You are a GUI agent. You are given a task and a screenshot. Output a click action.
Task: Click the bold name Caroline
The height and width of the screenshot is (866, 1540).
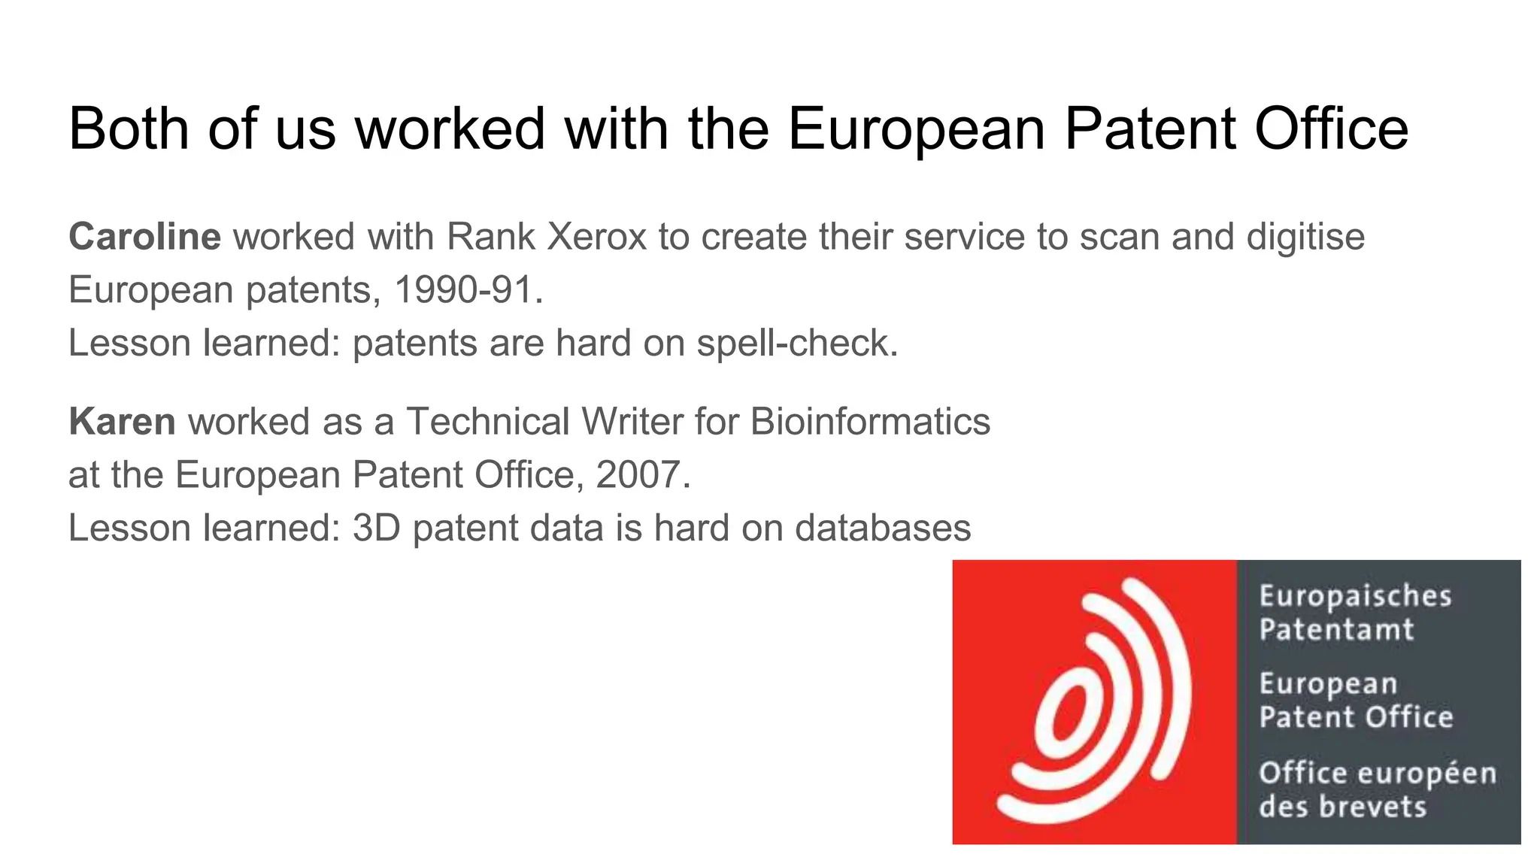[x=144, y=237]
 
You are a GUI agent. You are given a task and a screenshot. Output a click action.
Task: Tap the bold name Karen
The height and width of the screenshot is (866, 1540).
[x=122, y=421]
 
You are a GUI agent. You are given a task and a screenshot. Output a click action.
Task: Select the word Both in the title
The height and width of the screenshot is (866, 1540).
[x=129, y=129]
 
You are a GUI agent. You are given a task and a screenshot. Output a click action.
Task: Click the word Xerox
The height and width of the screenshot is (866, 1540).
[x=597, y=237]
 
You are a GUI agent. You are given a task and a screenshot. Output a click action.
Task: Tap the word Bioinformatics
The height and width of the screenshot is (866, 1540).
[x=870, y=421]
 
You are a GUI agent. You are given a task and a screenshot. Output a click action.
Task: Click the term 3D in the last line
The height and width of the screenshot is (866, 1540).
[x=376, y=528]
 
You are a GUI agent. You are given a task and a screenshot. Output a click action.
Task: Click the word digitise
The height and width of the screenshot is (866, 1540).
[x=1305, y=237]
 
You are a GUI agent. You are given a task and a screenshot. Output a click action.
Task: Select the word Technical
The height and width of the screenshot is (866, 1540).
[x=487, y=421]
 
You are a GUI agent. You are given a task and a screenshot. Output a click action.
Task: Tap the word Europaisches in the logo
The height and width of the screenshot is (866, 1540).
[x=1355, y=596]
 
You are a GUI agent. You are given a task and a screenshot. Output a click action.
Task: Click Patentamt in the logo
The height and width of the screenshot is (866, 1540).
[x=1336, y=629]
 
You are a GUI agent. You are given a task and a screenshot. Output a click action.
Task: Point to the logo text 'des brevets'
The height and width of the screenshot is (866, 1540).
[x=1342, y=807]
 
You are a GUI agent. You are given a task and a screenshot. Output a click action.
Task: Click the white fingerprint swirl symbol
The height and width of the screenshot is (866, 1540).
[x=1095, y=702]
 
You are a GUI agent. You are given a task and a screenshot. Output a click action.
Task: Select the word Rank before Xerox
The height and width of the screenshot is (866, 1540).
[x=490, y=237]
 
